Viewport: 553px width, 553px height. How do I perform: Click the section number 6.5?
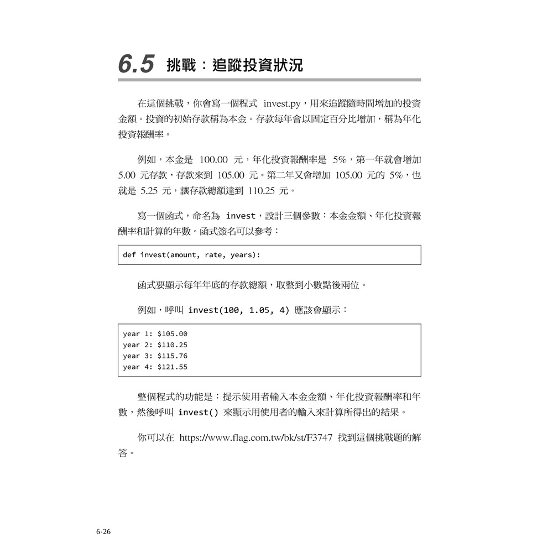pos(135,65)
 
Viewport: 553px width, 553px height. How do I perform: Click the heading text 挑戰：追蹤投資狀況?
pos(234,65)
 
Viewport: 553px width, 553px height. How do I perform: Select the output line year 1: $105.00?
pos(155,334)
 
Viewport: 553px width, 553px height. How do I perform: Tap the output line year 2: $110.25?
pos(155,345)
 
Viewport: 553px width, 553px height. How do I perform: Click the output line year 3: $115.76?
pos(155,356)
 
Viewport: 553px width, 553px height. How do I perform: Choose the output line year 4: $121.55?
pos(155,367)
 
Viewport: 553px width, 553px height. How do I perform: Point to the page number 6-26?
pos(103,532)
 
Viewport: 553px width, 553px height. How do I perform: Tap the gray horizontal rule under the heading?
pos(269,80)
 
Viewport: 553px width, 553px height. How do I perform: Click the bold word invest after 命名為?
pos(241,216)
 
